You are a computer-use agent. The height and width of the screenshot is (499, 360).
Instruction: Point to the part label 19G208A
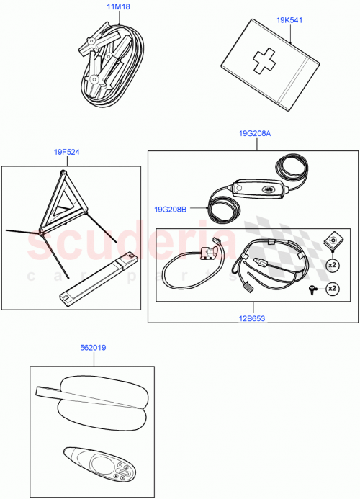(257, 133)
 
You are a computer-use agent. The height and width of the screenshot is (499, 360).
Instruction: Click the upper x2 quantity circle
(332, 264)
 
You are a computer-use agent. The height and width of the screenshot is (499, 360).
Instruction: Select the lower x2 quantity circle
(332, 289)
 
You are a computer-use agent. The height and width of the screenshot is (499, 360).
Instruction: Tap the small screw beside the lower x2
(312, 289)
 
